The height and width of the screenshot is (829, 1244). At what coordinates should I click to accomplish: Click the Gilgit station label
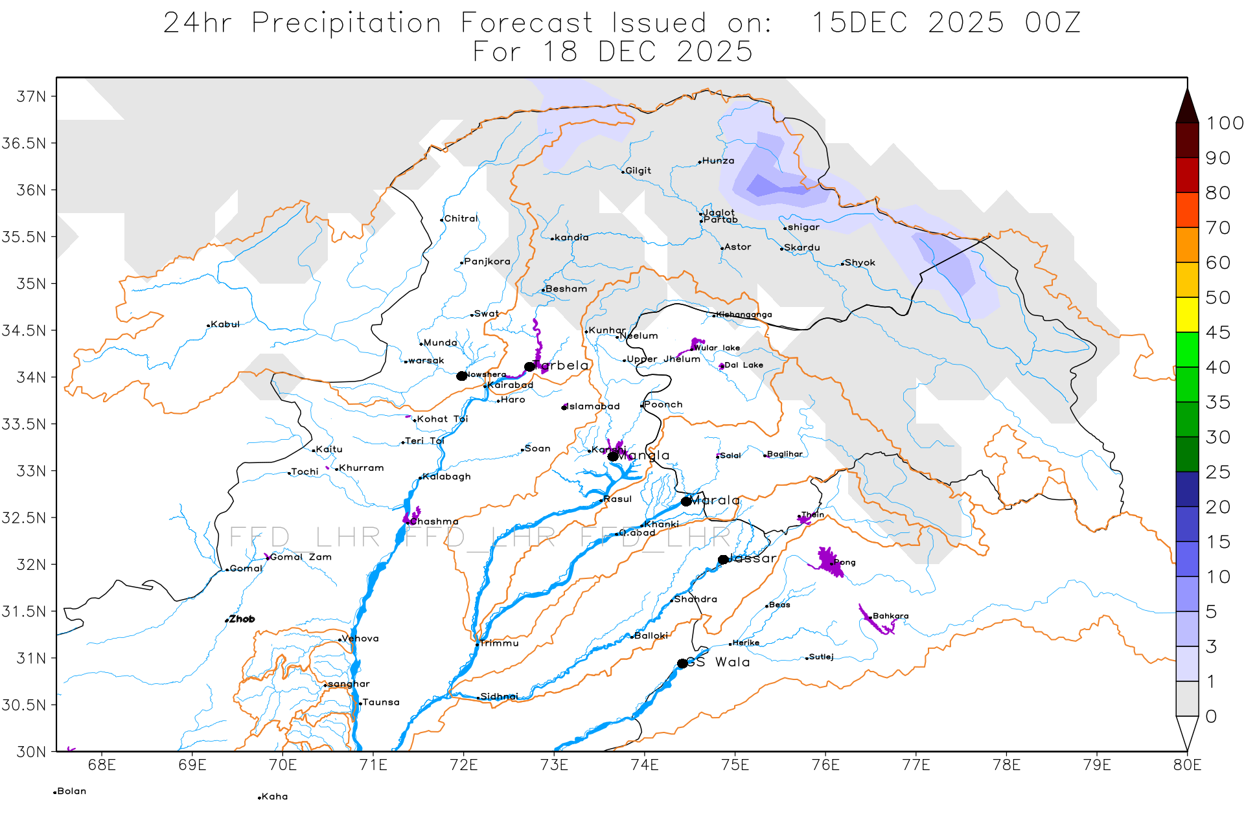click(x=638, y=171)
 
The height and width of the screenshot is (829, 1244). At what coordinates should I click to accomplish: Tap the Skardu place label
click(x=801, y=247)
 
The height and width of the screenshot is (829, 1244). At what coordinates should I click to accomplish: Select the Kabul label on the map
click(x=225, y=324)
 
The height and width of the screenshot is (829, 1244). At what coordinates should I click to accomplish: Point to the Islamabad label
click(x=593, y=407)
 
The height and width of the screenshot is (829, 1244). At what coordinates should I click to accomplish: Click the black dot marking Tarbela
click(x=529, y=367)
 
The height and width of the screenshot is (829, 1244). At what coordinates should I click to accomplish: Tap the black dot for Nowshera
click(x=461, y=376)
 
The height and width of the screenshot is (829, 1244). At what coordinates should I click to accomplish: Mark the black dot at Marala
click(x=686, y=501)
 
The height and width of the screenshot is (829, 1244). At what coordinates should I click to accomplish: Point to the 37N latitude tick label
click(x=31, y=97)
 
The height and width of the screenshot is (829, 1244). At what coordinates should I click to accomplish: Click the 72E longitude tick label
click(x=463, y=765)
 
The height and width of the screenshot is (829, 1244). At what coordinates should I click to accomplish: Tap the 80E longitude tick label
click(x=1186, y=765)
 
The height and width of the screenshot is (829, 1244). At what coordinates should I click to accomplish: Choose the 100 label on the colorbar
click(x=1224, y=123)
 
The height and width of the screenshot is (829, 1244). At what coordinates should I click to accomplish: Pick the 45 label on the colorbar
click(x=1217, y=332)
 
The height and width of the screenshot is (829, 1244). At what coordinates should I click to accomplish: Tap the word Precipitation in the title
click(x=347, y=23)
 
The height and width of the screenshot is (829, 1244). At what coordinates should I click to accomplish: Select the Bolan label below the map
click(x=71, y=791)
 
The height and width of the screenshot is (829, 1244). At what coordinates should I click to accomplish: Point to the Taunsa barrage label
click(x=381, y=702)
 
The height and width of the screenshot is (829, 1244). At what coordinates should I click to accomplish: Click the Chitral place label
click(x=461, y=219)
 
